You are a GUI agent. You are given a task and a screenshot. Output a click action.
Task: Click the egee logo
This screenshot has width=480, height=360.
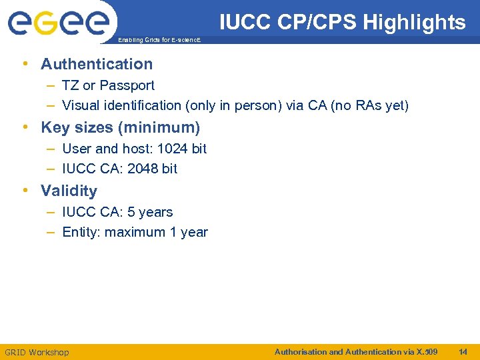(58, 23)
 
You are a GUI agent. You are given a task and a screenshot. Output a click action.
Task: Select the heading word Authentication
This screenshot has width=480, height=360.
(97, 64)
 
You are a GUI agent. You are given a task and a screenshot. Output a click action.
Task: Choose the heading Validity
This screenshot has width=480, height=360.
(69, 191)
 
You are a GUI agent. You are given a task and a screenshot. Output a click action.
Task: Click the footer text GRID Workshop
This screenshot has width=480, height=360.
(37, 352)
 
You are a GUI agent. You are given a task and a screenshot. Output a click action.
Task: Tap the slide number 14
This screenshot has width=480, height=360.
(464, 351)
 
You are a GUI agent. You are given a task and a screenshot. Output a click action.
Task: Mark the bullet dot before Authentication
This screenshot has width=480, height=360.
(25, 64)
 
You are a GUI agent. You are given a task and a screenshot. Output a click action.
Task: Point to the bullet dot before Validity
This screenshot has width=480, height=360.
(25, 191)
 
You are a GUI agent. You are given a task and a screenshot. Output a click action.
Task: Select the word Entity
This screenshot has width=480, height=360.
(81, 232)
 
